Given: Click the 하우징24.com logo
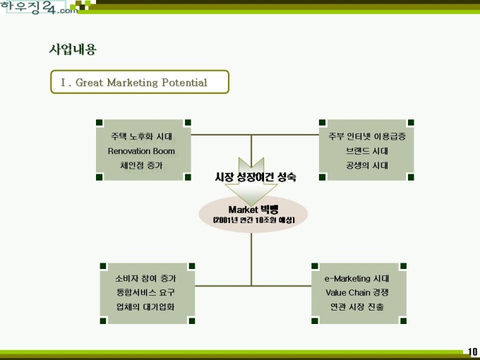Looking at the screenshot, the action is point(39,7).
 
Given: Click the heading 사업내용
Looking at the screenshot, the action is point(73,49).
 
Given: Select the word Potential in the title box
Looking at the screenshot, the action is point(184,83).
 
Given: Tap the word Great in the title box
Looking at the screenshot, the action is point(89,83).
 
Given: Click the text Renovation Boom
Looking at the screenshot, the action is point(141,151).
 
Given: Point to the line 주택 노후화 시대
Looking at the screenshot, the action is point(141,136).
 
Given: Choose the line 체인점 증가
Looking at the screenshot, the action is point(141,165).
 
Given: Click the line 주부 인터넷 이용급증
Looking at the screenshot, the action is point(367,136).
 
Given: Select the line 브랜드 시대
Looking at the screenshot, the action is point(367,151).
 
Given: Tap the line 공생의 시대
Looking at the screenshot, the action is point(367,165).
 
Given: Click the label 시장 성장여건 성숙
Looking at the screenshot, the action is point(256,176).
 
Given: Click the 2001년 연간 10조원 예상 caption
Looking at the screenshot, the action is point(254,220).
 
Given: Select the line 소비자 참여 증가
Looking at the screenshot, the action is point(145,278).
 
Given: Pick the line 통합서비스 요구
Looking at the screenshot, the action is point(145,292).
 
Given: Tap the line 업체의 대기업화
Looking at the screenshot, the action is point(145,307).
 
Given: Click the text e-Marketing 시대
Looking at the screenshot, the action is point(357,278).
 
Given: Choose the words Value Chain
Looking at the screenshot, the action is point(344,292).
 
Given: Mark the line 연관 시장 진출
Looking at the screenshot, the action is point(357,307).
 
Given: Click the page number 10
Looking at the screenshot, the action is point(472,352).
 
